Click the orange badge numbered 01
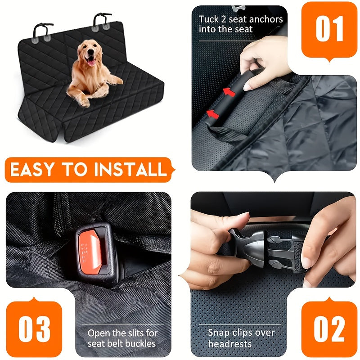pos(330,29)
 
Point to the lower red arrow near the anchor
pos(213,114)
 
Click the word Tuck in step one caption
pos(208,19)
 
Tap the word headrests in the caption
pos(231,344)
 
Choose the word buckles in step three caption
pos(140,344)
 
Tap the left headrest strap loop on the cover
pos(42,30)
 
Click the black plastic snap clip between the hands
pos(265,245)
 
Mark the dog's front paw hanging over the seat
pos(84,102)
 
